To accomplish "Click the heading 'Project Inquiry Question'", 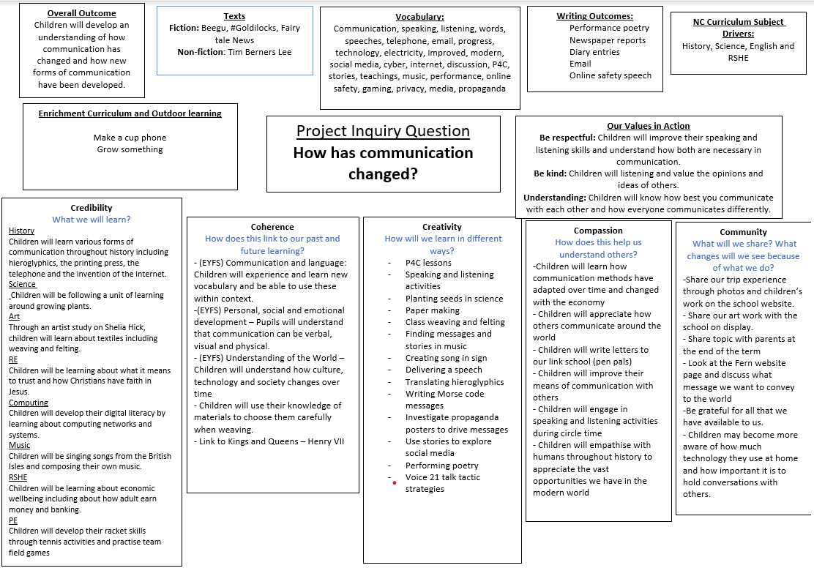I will coord(383,131).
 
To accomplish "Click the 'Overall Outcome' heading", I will coord(81,13).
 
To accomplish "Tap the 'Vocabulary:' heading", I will coord(419,17).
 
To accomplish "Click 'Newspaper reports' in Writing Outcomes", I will coord(608,40).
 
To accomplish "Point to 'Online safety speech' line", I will coord(610,75).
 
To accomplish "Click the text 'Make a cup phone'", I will coord(130,138).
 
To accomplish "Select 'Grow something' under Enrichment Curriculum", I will coord(130,149).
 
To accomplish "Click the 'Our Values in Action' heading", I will coord(648,126).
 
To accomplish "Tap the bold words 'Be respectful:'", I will coord(567,138).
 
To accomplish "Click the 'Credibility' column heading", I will coord(92,208).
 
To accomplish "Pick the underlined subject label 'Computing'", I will coord(29,403).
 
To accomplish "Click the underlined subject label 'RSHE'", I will coord(18,477).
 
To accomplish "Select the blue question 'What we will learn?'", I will coord(92,220).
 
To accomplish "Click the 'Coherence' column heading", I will coord(272,227).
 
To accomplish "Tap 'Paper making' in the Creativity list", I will coord(433,310).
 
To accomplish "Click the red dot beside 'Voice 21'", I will coord(395,482).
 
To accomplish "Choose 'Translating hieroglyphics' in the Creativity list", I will coord(455,382).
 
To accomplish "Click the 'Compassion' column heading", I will coord(598,231).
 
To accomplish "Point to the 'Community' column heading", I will coord(743,232).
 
